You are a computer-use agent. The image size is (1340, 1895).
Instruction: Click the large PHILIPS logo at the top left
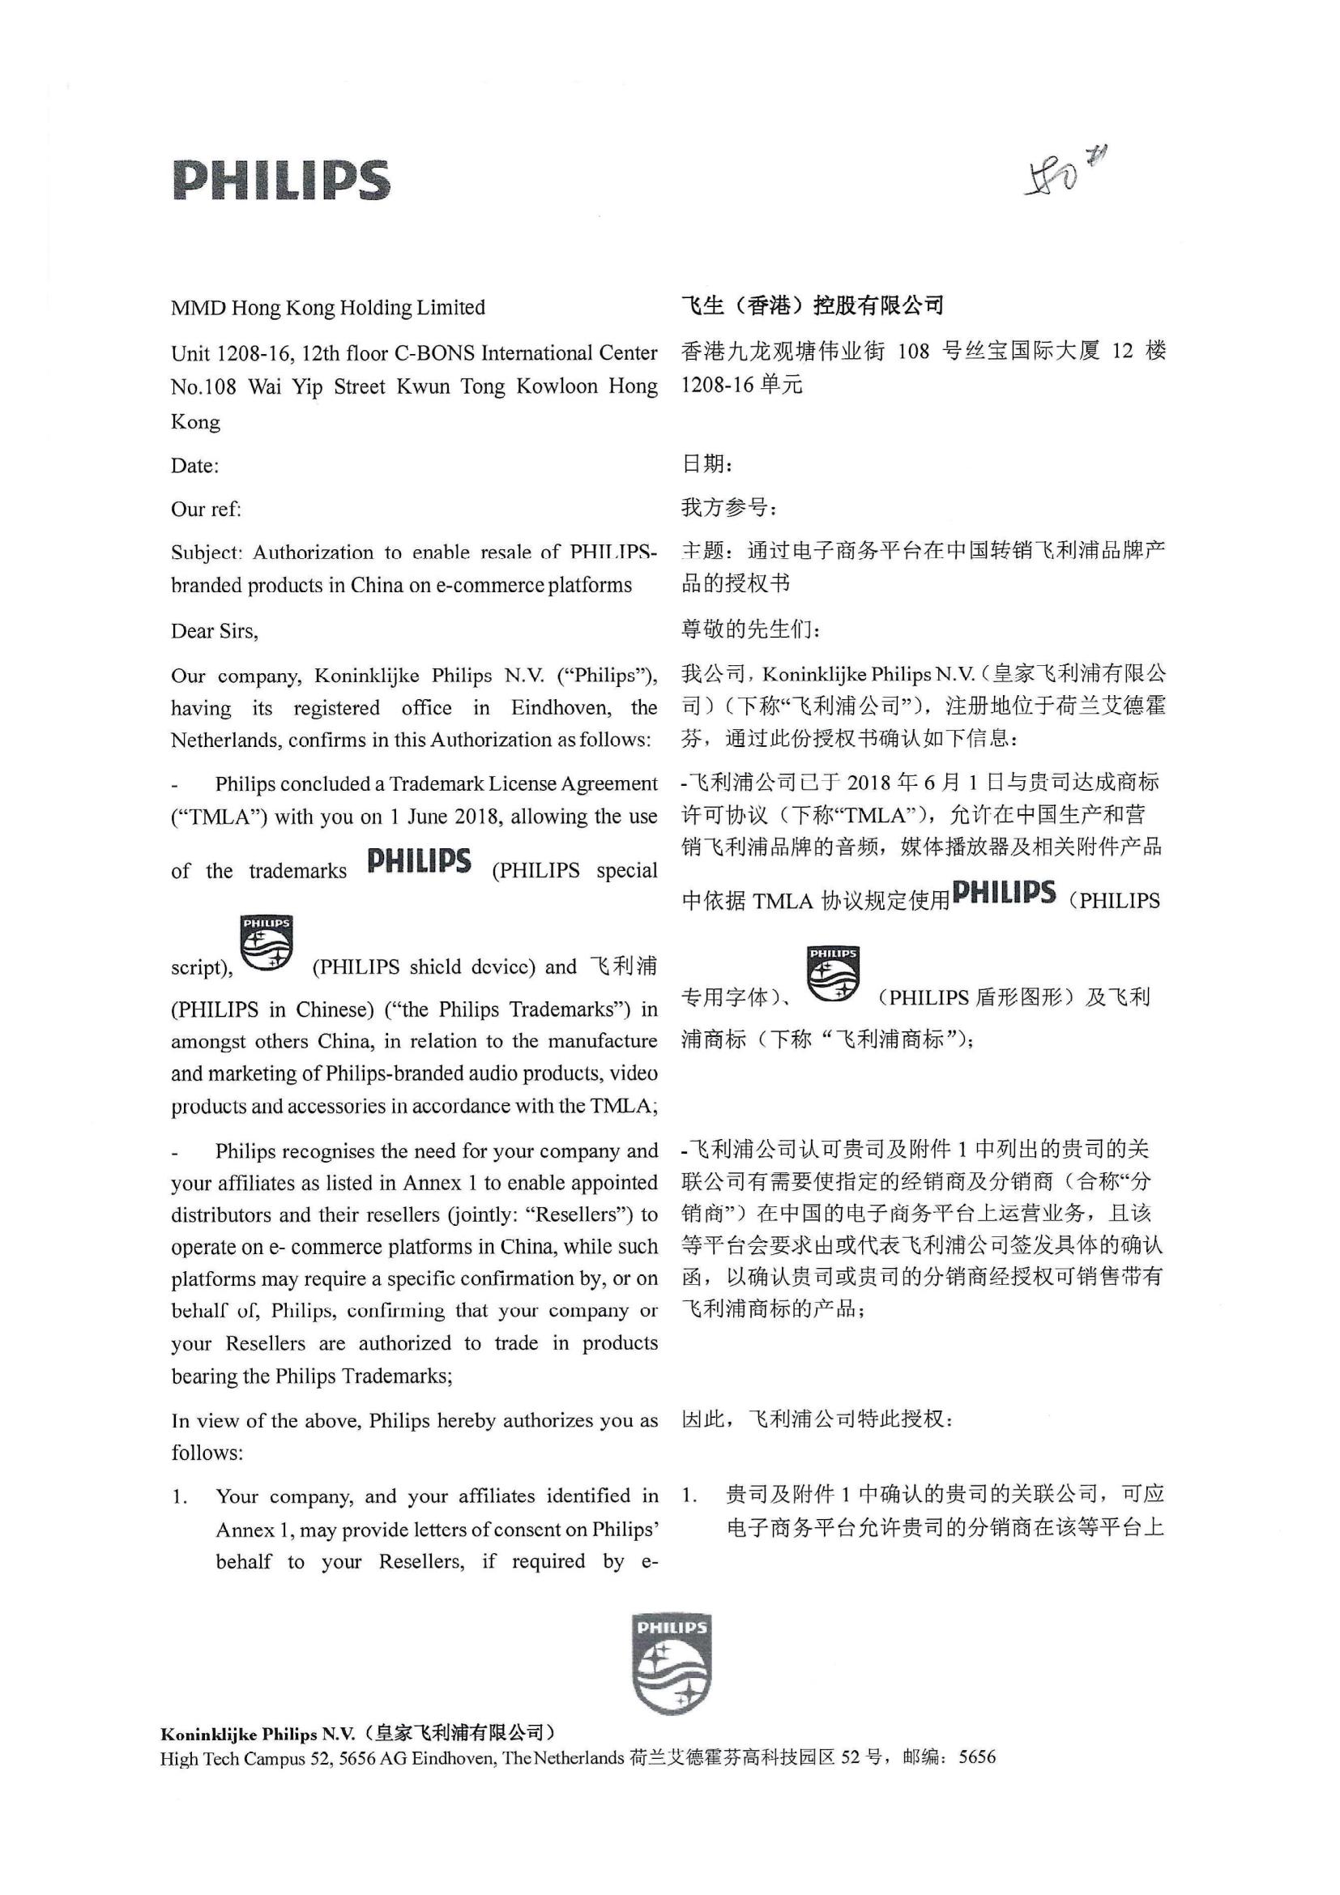click(280, 180)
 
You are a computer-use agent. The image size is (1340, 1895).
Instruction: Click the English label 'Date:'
click(194, 467)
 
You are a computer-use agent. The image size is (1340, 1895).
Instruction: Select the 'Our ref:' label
click(207, 510)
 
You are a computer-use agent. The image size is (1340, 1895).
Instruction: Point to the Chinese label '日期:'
click(706, 465)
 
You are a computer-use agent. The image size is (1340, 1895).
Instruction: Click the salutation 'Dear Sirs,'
click(215, 631)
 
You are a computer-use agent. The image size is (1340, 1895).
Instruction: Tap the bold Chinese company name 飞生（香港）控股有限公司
click(812, 306)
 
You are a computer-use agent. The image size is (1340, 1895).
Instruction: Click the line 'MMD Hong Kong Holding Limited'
click(327, 308)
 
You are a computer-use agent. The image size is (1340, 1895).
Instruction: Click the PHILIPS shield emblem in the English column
click(267, 942)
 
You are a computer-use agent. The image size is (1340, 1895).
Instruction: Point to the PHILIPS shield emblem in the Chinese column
click(833, 974)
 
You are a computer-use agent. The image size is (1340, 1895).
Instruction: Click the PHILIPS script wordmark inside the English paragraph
click(419, 862)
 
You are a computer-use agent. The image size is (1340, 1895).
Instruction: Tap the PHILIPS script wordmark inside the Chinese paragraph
click(1003, 893)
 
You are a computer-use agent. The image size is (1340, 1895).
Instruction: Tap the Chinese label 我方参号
click(728, 508)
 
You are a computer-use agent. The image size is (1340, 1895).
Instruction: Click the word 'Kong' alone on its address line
click(195, 423)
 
